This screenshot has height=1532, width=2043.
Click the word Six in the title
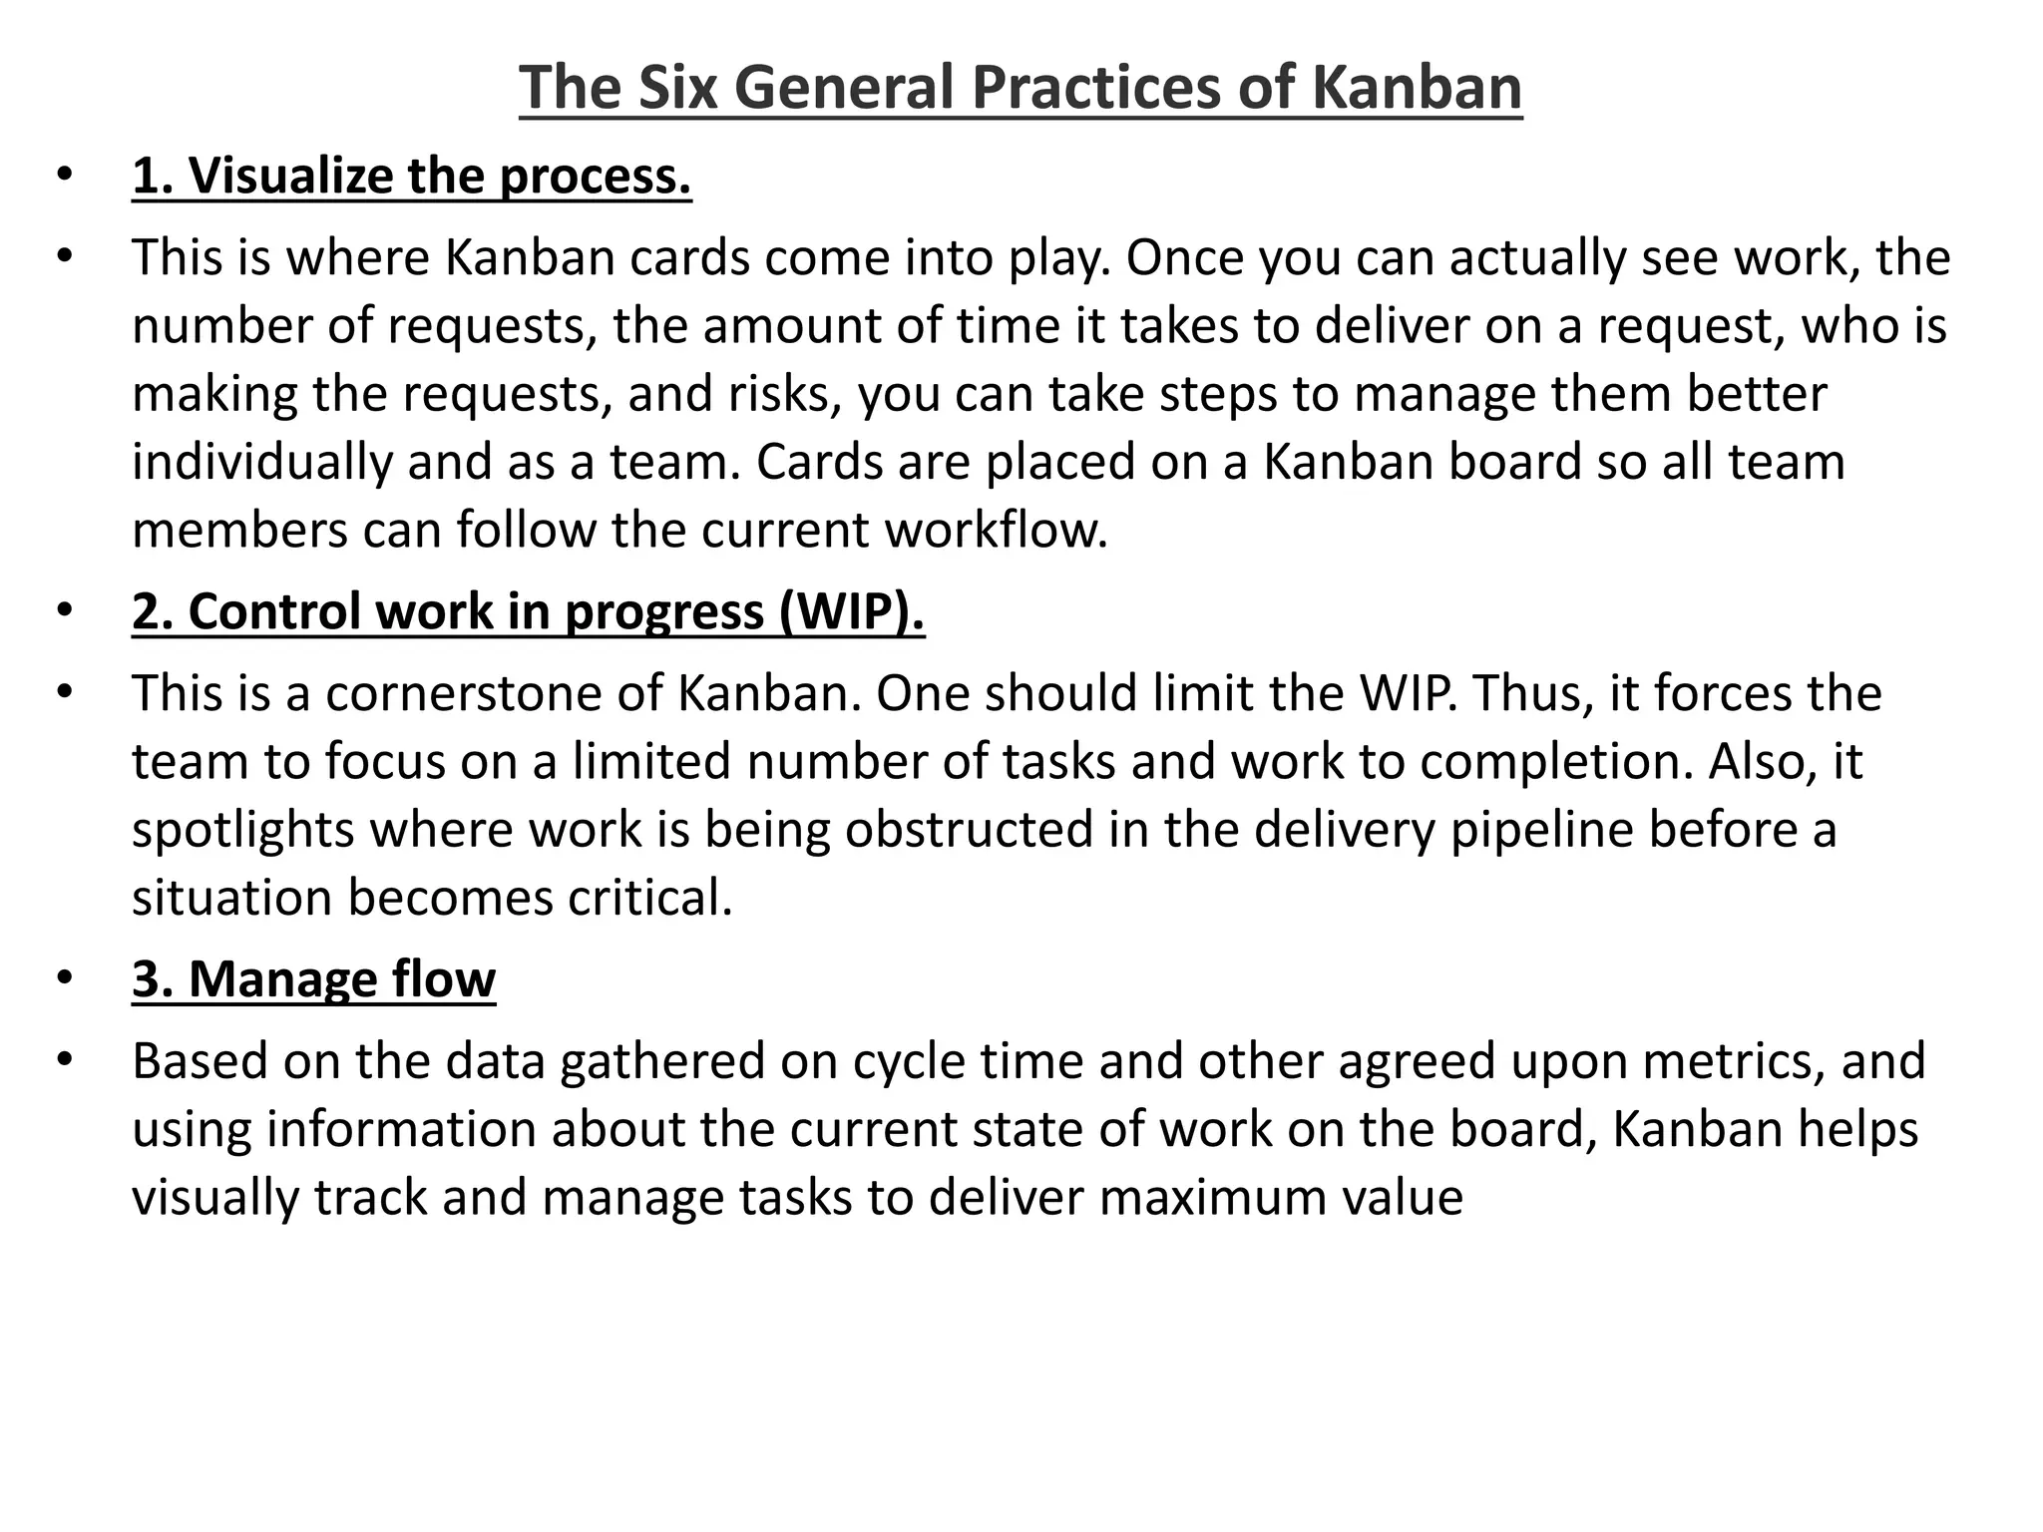677,87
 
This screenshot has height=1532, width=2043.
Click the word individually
262,463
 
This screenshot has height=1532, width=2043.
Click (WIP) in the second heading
852,611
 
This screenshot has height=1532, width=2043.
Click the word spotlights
243,830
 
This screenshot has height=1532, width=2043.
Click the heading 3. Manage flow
313,979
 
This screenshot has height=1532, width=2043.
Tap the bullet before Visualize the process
65,175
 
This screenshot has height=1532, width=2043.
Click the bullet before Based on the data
65,1059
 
